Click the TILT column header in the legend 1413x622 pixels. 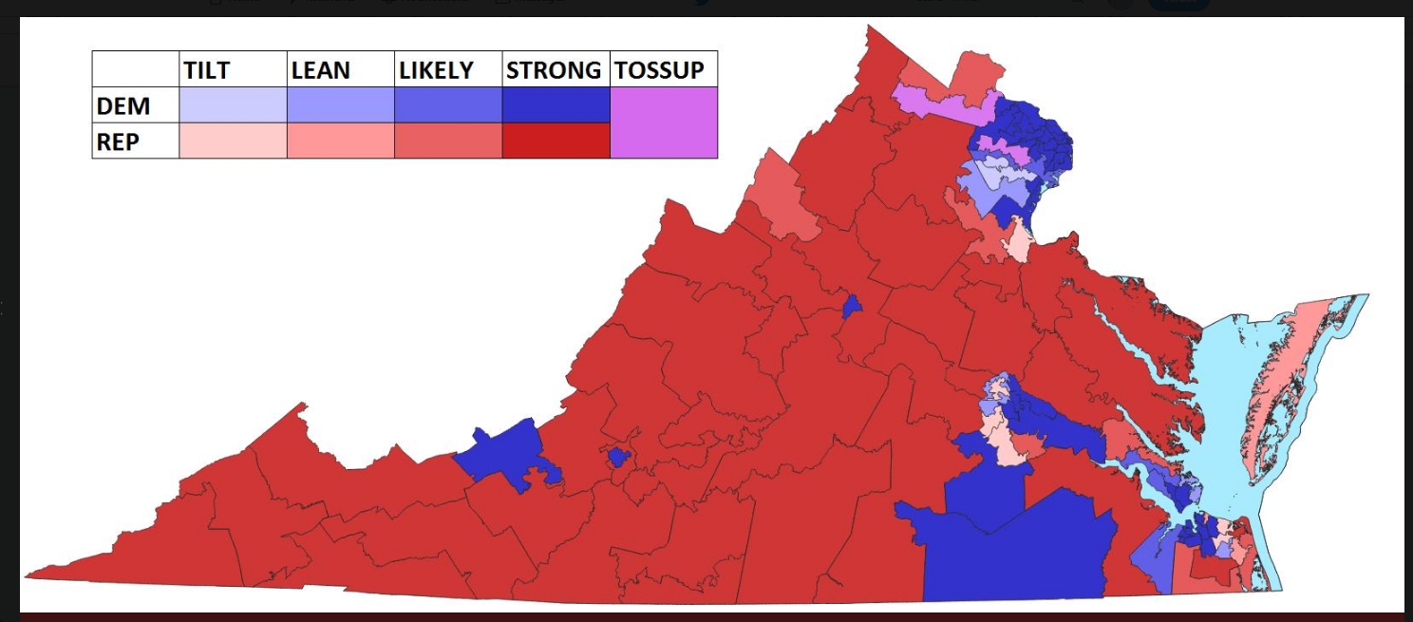tap(207, 69)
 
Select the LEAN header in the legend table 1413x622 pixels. tap(320, 69)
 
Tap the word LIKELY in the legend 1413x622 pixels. tap(436, 69)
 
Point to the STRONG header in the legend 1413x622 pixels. tap(554, 69)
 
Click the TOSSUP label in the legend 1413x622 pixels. tap(660, 69)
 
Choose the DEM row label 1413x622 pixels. tap(123, 105)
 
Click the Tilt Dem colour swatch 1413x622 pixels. tap(233, 105)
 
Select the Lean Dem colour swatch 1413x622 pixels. tap(340, 105)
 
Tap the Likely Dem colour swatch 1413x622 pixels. tap(447, 105)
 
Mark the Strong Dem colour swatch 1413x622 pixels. tap(556, 105)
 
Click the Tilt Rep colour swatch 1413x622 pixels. tap(233, 141)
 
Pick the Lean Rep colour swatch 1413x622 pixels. tap(340, 141)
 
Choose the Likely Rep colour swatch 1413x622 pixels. tap(447, 141)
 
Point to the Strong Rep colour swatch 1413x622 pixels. tap(556, 141)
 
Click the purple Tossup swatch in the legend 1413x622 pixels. tap(663, 123)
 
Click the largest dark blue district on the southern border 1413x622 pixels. tap(1016, 551)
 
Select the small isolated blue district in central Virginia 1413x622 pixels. tap(852, 307)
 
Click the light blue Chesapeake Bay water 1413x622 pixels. tap(1220, 399)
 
